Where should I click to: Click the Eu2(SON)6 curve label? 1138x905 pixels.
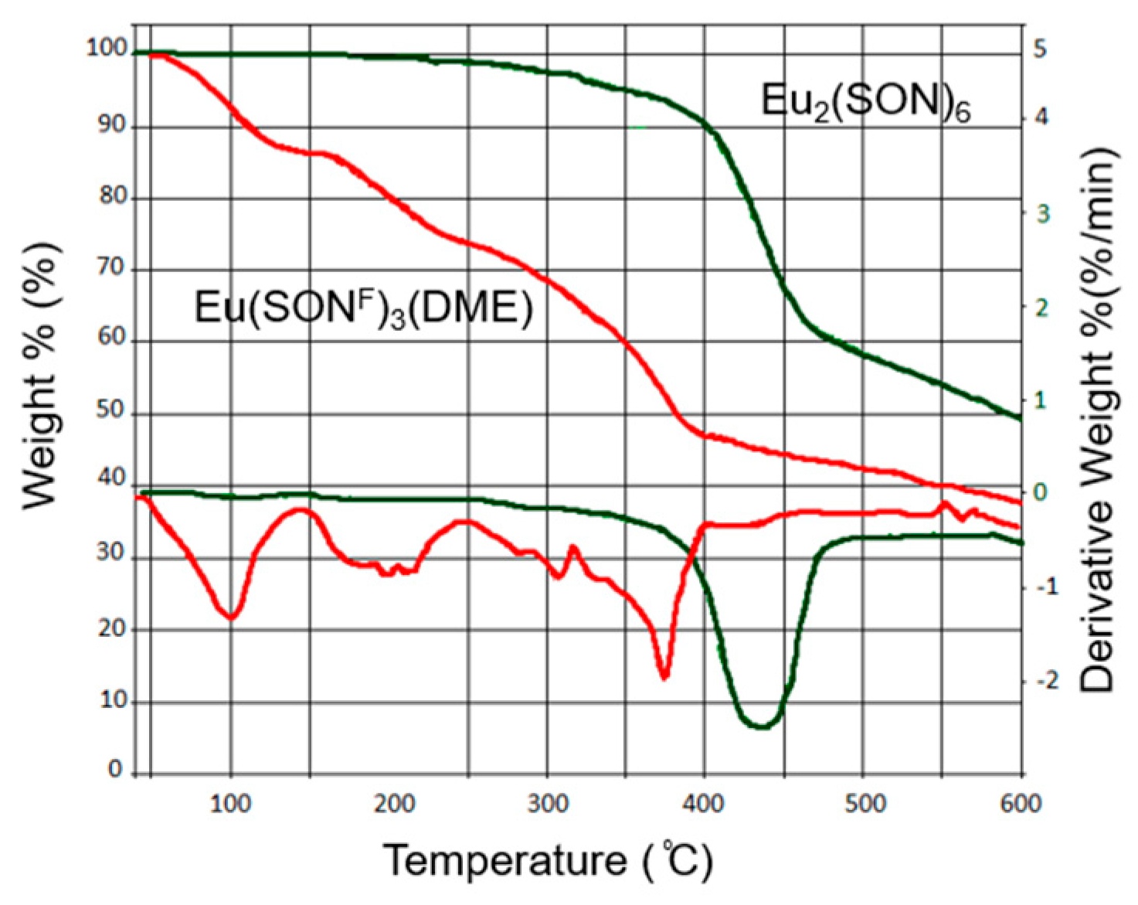click(x=865, y=101)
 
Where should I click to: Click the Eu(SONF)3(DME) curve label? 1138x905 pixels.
click(x=363, y=308)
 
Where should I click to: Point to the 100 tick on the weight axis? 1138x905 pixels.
click(x=107, y=48)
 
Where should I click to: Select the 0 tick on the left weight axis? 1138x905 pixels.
click(x=115, y=769)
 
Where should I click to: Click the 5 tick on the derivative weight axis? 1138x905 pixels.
click(x=1041, y=49)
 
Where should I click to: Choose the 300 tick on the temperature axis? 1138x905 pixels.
click(x=549, y=805)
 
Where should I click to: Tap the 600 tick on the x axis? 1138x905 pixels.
click(x=1021, y=805)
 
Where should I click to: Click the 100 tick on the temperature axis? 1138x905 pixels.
click(x=230, y=805)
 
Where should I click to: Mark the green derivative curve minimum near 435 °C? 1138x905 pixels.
click(x=761, y=726)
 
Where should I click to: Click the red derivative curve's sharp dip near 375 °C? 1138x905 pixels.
click(x=664, y=677)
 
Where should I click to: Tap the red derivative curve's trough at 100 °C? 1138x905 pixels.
click(x=230, y=617)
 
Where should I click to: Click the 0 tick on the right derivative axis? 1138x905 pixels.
click(x=1041, y=492)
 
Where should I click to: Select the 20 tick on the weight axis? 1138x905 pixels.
click(x=111, y=628)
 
